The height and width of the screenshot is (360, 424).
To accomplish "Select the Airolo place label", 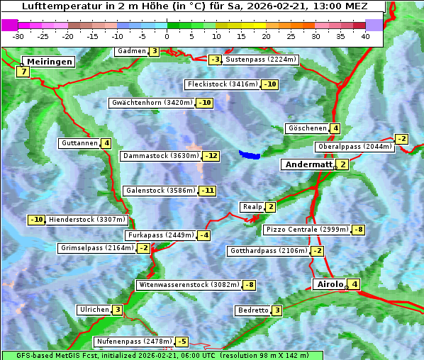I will (329, 284).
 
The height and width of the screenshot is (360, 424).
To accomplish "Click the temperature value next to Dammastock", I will (211, 156).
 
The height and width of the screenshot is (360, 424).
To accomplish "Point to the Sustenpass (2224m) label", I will (261, 60).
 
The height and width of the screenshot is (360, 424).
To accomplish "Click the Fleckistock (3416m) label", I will (222, 84).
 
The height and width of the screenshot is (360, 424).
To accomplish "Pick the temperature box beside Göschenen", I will (335, 128).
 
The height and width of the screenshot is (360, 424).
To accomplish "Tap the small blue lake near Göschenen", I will (250, 154).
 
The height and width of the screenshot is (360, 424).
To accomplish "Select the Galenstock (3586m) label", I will (160, 190).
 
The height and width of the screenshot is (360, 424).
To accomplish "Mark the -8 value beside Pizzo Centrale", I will (359, 230).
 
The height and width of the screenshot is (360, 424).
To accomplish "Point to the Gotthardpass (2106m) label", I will (268, 251).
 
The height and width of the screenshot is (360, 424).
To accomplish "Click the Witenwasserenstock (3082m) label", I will (188, 285).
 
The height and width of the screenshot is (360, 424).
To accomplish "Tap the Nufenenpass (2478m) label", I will (134, 342).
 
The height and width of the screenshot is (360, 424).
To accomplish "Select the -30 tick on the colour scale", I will (19, 35).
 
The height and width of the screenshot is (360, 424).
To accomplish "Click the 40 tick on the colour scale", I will (365, 35).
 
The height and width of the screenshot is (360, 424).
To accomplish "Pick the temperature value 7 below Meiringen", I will (23, 72).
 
